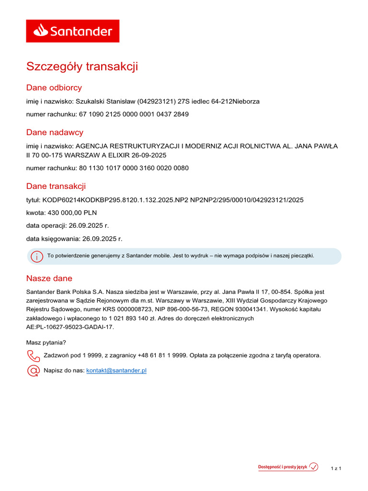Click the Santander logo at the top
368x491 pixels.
coord(72,31)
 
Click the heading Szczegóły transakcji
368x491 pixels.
coord(82,66)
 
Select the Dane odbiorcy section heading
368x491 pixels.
coord(54,88)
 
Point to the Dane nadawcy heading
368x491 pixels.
coord(55,132)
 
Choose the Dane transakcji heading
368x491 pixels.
coord(56,187)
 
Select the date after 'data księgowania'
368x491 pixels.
coord(102,238)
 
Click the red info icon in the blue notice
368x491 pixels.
coord(36,257)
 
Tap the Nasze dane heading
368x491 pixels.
coord(49,279)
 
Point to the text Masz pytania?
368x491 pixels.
coord(46,342)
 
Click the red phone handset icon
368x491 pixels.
coord(33,356)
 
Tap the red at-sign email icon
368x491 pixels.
coord(33,371)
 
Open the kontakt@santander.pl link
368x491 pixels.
coord(116,371)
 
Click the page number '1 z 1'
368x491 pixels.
coord(336,468)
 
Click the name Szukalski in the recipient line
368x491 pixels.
coord(92,102)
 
